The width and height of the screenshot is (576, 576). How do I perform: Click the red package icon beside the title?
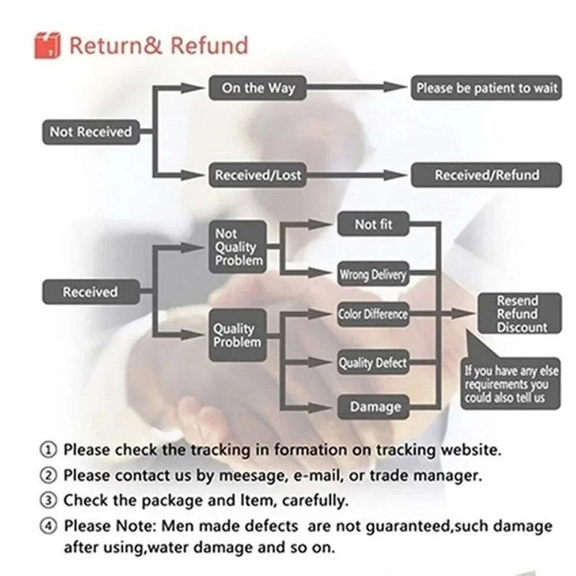pyautogui.click(x=47, y=45)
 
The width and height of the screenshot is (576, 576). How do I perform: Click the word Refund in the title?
pyautogui.click(x=210, y=46)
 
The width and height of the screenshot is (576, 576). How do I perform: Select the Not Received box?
pyautogui.click(x=91, y=132)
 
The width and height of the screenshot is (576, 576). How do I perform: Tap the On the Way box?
pyautogui.click(x=258, y=88)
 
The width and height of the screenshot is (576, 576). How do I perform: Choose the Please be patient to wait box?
pyautogui.click(x=486, y=88)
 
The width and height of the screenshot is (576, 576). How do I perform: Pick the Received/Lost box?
pyautogui.click(x=258, y=175)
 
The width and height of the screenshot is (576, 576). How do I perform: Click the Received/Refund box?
pyautogui.click(x=486, y=175)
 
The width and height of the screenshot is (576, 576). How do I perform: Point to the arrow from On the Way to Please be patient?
pyautogui.click(x=357, y=88)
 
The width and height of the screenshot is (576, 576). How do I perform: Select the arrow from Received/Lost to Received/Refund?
pyautogui.click(x=357, y=175)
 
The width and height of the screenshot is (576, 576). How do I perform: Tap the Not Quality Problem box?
pyautogui.click(x=238, y=247)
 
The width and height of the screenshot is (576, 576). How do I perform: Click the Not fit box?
pyautogui.click(x=373, y=224)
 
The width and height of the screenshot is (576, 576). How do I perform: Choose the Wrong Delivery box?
pyautogui.click(x=373, y=274)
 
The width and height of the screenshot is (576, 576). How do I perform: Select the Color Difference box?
pyautogui.click(x=373, y=314)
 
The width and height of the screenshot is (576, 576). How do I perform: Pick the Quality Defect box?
pyautogui.click(x=373, y=362)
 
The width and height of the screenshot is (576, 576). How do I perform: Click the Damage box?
pyautogui.click(x=373, y=407)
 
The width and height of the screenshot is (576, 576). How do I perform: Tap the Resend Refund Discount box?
pyautogui.click(x=520, y=313)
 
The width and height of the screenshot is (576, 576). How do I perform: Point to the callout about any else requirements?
pyautogui.click(x=510, y=383)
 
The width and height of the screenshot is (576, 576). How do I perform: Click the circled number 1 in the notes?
pyautogui.click(x=48, y=450)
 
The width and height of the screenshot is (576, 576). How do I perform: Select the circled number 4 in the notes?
pyautogui.click(x=48, y=526)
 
